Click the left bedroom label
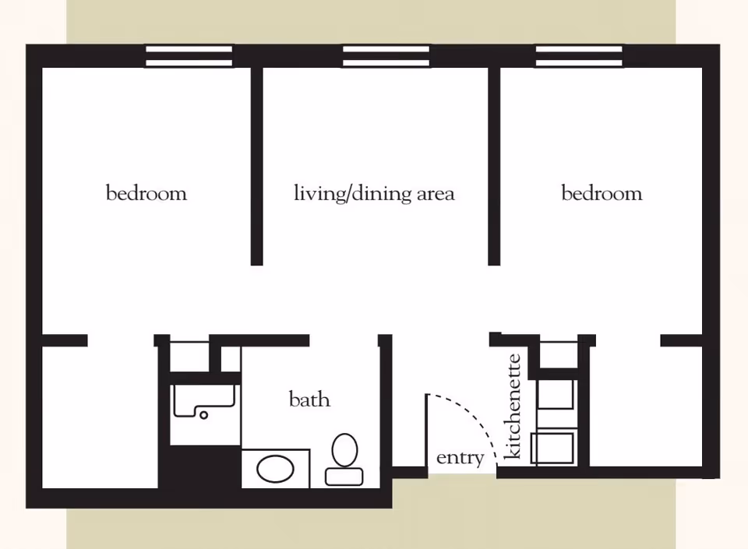tap(146, 193)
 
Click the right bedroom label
tap(602, 193)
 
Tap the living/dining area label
tap(374, 193)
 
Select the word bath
tap(309, 400)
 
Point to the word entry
tap(460, 458)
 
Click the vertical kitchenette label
tap(513, 406)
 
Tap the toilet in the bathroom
tap(344, 460)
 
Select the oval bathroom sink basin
tap(275, 470)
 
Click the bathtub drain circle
tap(204, 415)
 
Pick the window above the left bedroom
tap(189, 55)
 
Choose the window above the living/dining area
tap(386, 55)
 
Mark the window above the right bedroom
tap(579, 55)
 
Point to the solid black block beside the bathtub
tap(199, 467)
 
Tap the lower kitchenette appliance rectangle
tap(552, 449)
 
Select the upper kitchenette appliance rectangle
tap(556, 393)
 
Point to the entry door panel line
tap(427, 432)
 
